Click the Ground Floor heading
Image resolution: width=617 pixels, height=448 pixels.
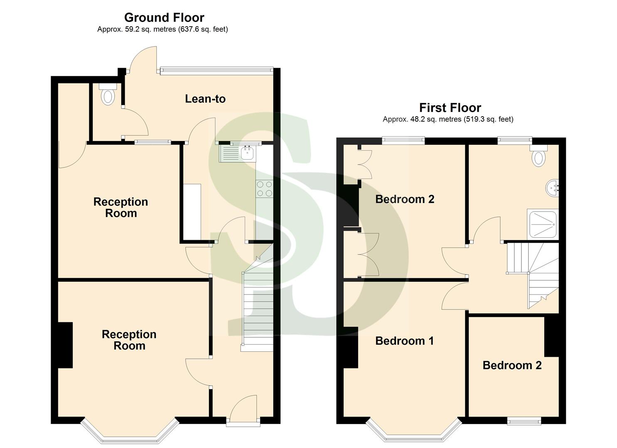click(x=164, y=17)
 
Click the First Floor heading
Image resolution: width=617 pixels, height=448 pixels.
click(x=450, y=108)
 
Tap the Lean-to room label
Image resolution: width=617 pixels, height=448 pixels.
click(x=205, y=99)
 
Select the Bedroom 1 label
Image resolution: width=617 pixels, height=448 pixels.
click(x=404, y=341)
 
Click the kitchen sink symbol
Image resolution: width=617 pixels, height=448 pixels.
click(x=248, y=153)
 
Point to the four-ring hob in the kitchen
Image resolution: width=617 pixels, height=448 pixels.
click(x=265, y=189)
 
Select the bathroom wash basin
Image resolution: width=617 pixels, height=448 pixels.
click(x=552, y=188)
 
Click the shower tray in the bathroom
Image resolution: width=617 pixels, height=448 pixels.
click(x=542, y=224)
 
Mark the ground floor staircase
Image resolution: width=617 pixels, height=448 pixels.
click(x=258, y=311)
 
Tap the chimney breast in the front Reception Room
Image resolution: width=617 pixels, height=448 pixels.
click(x=65, y=345)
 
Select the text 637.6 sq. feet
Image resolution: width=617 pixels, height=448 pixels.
click(x=203, y=29)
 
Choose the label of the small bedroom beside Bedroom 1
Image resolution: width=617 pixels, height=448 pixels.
click(x=512, y=365)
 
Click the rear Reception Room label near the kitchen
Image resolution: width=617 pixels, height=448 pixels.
click(x=120, y=207)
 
